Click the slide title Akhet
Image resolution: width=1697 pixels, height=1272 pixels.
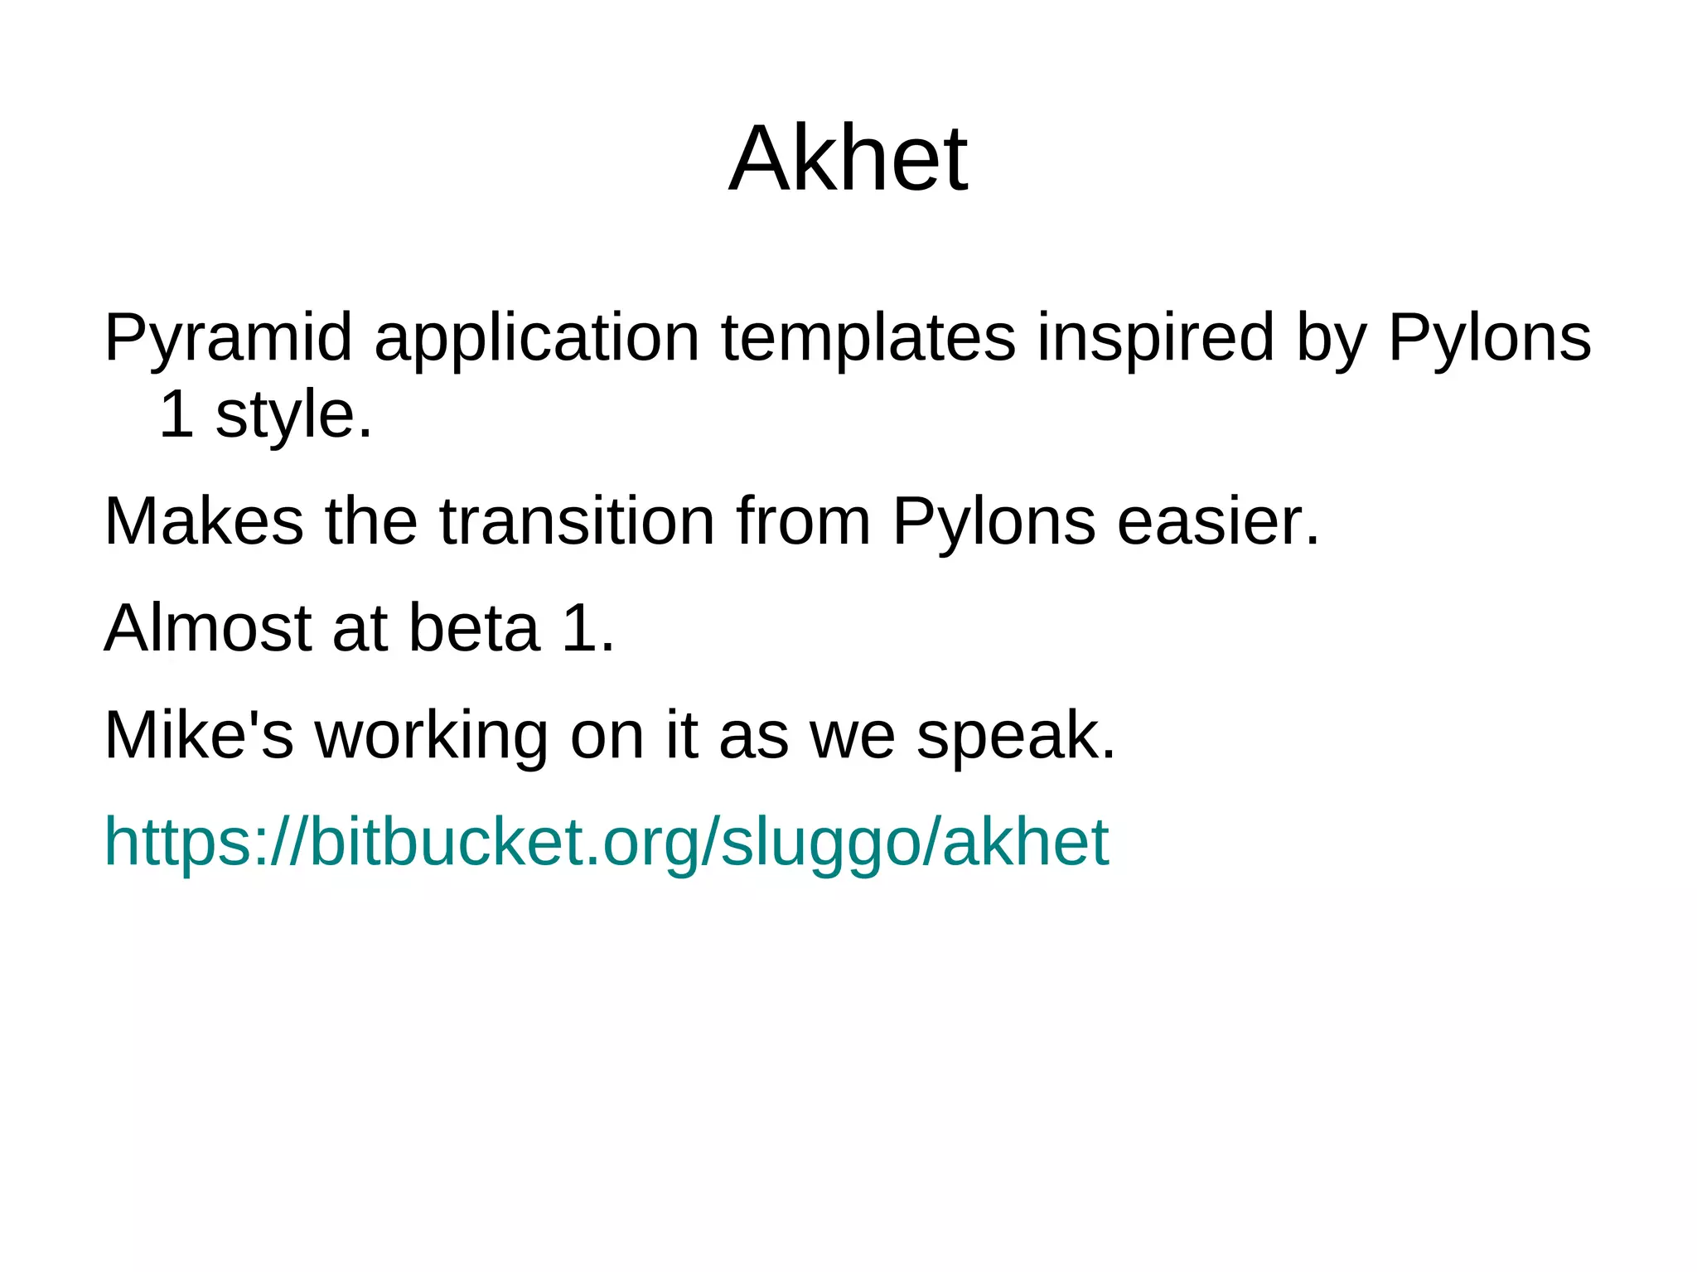point(848,158)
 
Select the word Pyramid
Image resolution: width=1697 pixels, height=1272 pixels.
point(228,338)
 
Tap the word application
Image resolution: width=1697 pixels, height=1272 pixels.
point(537,338)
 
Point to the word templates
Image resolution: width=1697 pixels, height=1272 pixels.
point(868,338)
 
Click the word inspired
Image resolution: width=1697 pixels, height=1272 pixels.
point(1155,338)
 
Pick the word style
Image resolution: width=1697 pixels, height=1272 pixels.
point(293,414)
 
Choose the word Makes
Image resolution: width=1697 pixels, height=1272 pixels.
point(204,521)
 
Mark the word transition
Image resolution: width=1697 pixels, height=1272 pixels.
point(577,521)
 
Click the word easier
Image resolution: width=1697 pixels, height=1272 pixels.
point(1217,521)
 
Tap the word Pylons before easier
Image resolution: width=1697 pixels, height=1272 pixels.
point(994,521)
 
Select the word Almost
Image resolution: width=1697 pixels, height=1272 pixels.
point(207,628)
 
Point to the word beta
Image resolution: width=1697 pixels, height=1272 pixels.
point(474,628)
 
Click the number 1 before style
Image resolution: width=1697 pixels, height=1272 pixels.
point(176,414)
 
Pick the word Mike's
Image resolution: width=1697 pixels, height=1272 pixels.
point(199,735)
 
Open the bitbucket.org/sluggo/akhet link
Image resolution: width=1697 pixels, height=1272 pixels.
point(606,842)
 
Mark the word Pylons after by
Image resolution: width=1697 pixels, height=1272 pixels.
point(1489,338)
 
